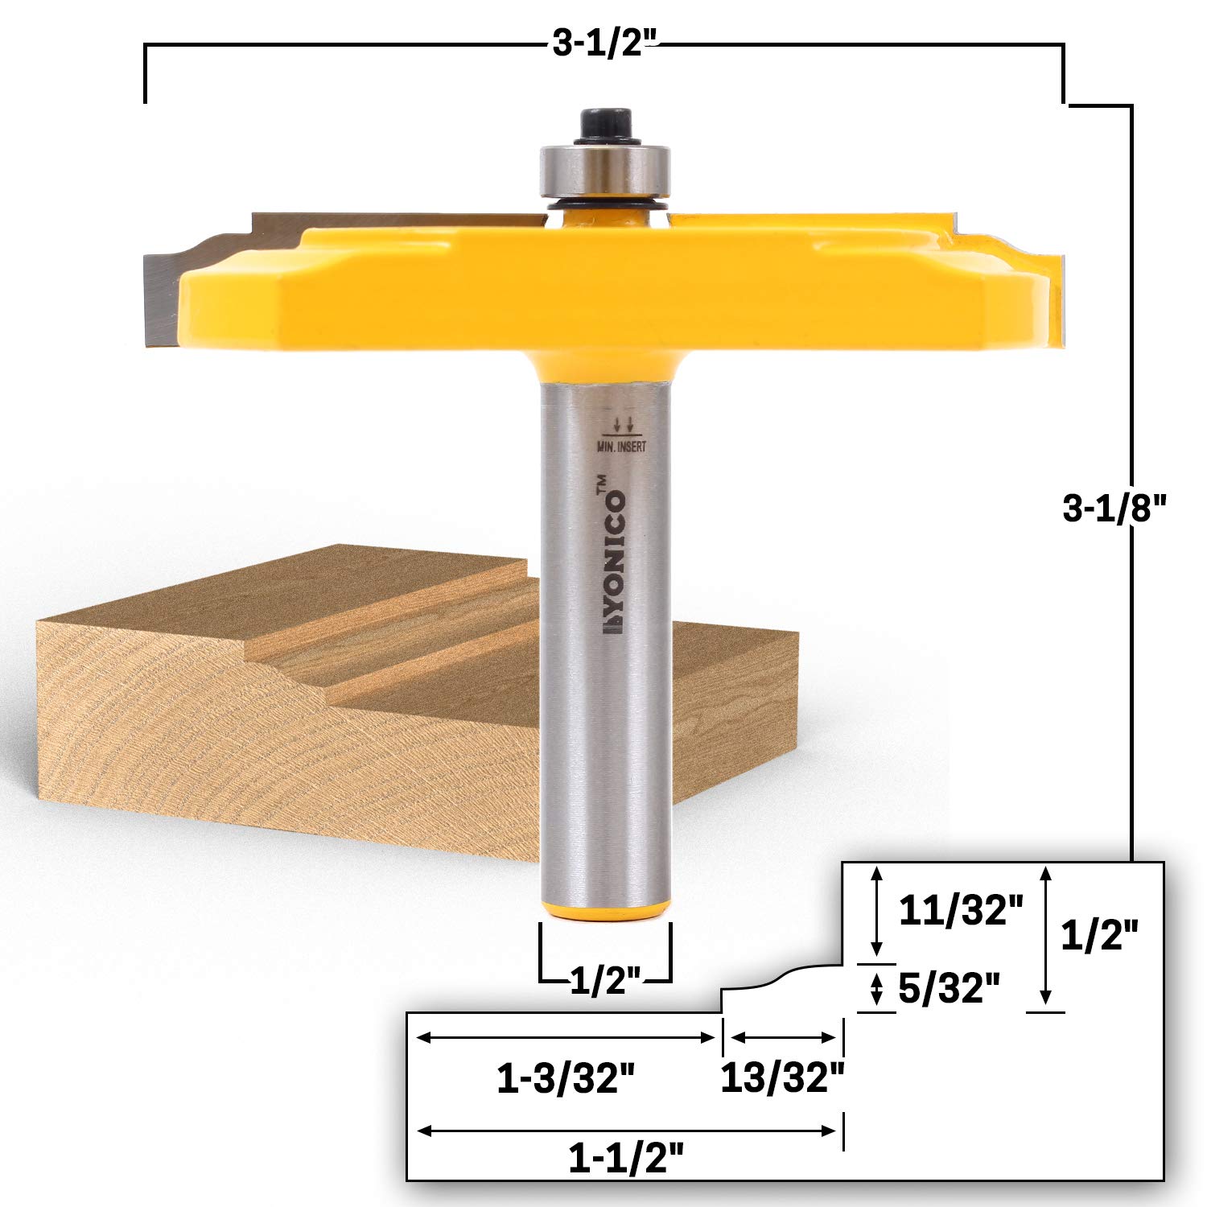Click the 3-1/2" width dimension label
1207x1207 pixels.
pyautogui.click(x=605, y=45)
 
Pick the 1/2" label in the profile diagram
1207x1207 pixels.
pyautogui.click(x=1100, y=936)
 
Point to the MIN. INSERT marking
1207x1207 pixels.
pyautogui.click(x=621, y=445)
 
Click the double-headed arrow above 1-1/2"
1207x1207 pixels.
pyautogui.click(x=626, y=1131)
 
